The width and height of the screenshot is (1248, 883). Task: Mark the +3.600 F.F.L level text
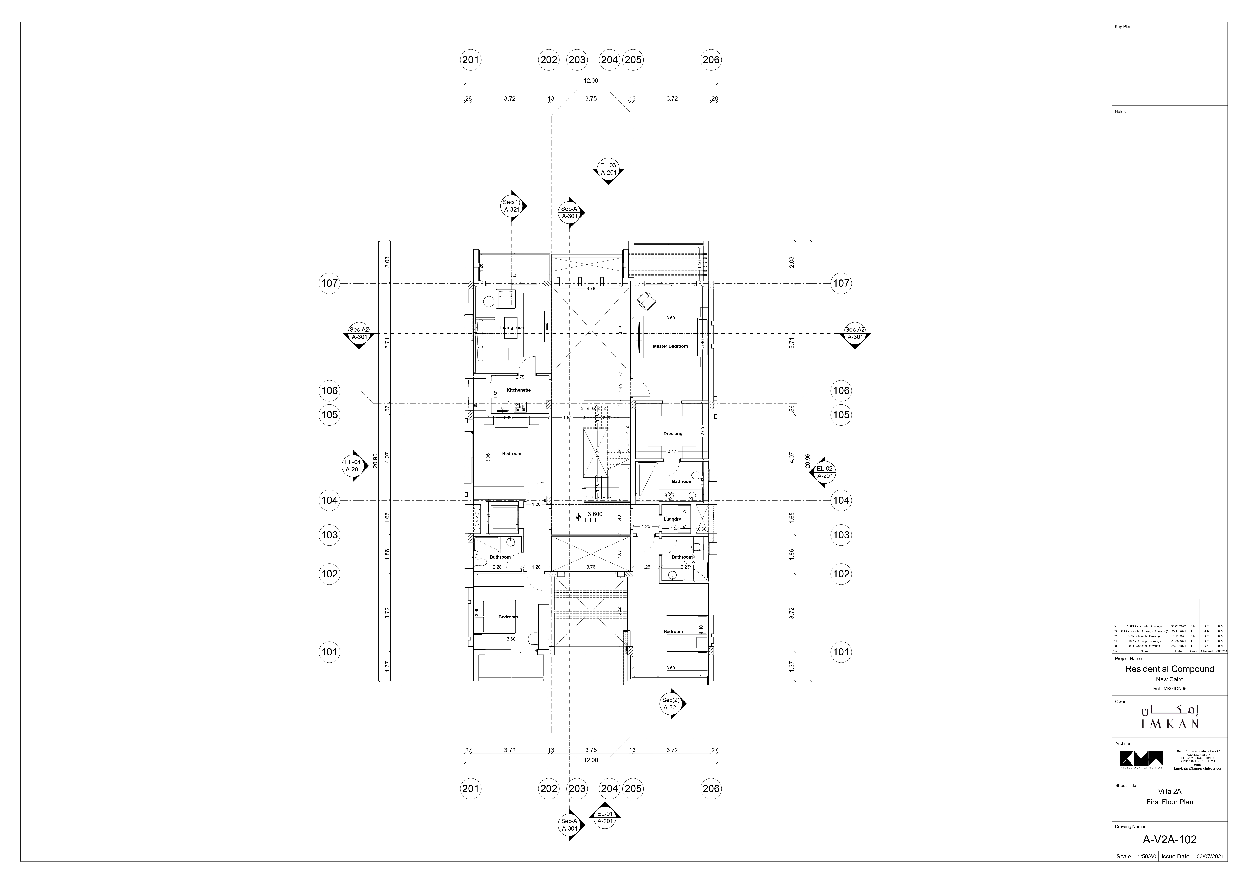point(592,517)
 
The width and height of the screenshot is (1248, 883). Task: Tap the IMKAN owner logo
point(1170,718)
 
